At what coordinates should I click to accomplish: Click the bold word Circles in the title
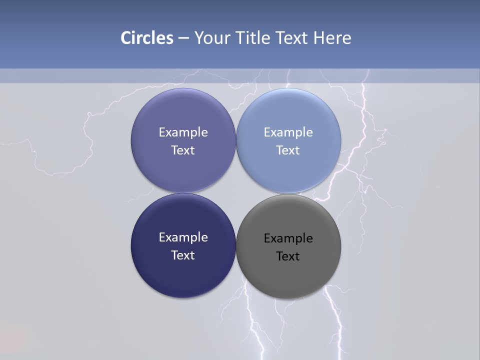147,38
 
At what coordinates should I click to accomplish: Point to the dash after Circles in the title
183,38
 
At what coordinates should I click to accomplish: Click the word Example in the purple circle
183,132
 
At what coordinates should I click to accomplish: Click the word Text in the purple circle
183,150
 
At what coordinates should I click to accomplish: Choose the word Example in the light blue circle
288,132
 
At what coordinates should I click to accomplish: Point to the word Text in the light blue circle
288,150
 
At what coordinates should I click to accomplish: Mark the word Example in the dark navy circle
183,237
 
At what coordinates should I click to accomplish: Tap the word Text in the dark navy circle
183,255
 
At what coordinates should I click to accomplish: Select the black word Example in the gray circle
288,238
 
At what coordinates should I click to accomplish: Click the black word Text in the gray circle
288,256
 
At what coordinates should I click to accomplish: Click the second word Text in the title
292,38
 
